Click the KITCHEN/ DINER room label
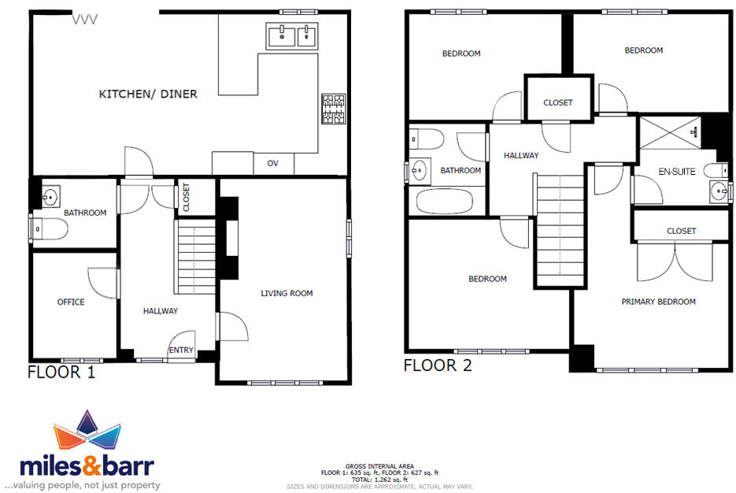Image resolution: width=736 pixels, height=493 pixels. coord(147,95)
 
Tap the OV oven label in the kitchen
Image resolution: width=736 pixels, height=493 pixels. coord(272,164)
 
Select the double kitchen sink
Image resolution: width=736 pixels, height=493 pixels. coord(291,36)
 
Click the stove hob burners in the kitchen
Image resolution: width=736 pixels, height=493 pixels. coord(333,109)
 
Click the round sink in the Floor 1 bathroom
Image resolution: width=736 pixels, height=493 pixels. coord(50,195)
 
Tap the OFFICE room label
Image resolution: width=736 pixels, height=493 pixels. coord(71,302)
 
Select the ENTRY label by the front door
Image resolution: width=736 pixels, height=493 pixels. coord(181,350)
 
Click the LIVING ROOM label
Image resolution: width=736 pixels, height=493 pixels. coord(287,294)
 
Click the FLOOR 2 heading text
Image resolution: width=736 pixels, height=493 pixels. coord(438,365)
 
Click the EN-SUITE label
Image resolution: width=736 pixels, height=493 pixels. coord(676,172)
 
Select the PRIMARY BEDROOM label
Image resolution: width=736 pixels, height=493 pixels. coord(658,302)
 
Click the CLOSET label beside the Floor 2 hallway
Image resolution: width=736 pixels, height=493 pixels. coord(558,102)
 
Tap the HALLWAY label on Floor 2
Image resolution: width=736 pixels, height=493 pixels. coord(521,156)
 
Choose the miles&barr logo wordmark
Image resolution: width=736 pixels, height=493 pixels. coord(87,465)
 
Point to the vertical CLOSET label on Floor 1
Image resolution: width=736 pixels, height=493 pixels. coord(186,197)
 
